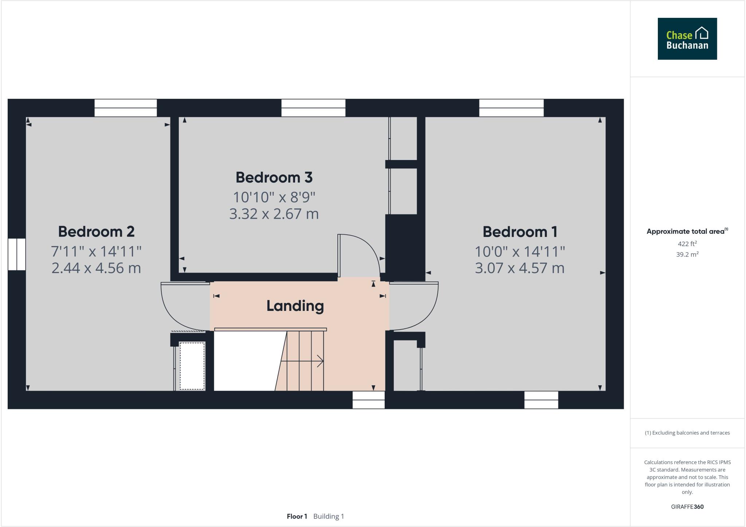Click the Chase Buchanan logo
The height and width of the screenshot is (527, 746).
pos(687,39)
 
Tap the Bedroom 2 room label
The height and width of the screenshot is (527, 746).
pos(96,231)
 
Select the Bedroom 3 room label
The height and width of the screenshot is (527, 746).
pos(274,177)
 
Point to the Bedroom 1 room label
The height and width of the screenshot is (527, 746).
pos(520,231)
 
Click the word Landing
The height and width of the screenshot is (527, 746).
pos(295,306)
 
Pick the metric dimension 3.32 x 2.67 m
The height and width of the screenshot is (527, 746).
pos(274,214)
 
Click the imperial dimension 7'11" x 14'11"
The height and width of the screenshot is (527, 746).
pos(96,251)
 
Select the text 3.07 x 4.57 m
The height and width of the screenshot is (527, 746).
pos(520,268)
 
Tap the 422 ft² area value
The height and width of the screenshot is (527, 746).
pos(687,244)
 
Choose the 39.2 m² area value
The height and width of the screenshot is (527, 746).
pos(687,254)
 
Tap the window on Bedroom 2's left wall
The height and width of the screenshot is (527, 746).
pos(17,254)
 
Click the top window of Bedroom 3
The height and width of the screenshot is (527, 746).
pos(313,108)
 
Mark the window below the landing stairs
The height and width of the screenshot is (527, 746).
pos(369,400)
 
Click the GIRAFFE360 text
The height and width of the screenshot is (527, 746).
pos(687,507)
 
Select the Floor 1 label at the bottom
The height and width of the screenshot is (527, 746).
pos(297,516)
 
